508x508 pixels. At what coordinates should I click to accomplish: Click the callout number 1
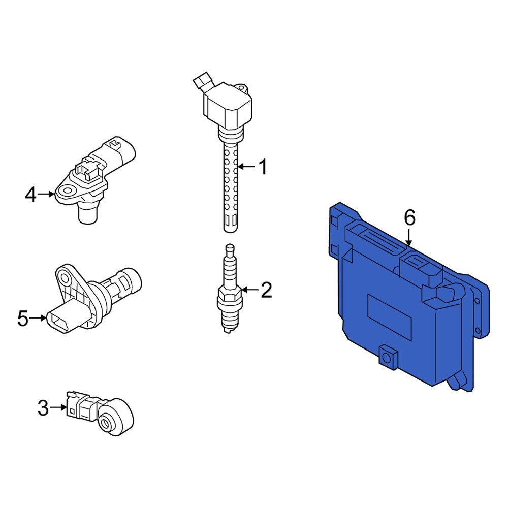[x=264, y=167]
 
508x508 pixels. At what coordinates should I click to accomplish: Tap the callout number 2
[x=266, y=290]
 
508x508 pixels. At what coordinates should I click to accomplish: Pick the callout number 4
[x=31, y=195]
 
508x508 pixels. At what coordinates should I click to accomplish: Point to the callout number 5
[x=23, y=318]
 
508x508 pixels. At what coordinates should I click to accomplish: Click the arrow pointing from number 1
[x=246, y=167]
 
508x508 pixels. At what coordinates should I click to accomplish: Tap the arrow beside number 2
[x=250, y=290]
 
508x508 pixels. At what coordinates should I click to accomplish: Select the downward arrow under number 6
[x=409, y=237]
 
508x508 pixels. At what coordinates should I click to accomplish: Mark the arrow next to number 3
[x=58, y=407]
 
